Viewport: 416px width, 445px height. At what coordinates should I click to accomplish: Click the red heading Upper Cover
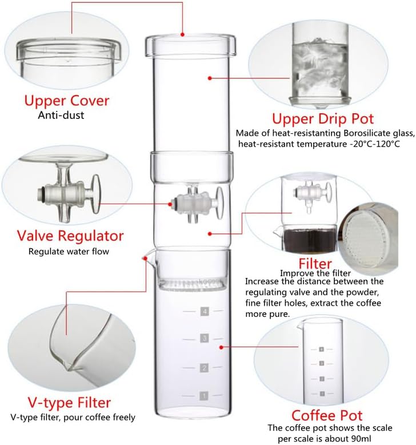click(x=66, y=101)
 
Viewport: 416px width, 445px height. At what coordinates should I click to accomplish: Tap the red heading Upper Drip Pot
click(x=323, y=119)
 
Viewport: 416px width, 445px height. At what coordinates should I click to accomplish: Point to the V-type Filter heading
click(x=69, y=402)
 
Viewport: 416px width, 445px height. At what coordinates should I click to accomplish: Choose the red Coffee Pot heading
click(x=327, y=415)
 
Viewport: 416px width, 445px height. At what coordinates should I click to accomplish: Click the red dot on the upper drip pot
click(x=210, y=77)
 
